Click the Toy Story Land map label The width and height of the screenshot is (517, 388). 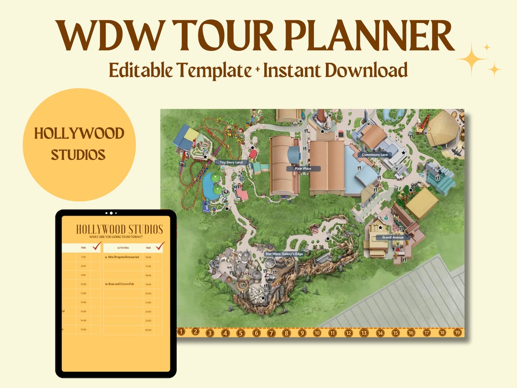click(232, 162)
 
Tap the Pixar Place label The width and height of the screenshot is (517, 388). click(299, 169)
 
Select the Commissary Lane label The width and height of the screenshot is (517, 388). click(375, 155)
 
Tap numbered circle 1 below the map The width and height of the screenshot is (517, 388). click(180, 331)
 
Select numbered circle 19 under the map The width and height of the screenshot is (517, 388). click(458, 332)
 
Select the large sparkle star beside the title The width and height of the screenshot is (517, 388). click(472, 59)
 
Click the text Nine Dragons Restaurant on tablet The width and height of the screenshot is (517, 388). click(122, 257)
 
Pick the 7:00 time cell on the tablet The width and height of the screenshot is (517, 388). click(83, 257)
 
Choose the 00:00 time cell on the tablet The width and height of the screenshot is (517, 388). click(148, 330)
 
